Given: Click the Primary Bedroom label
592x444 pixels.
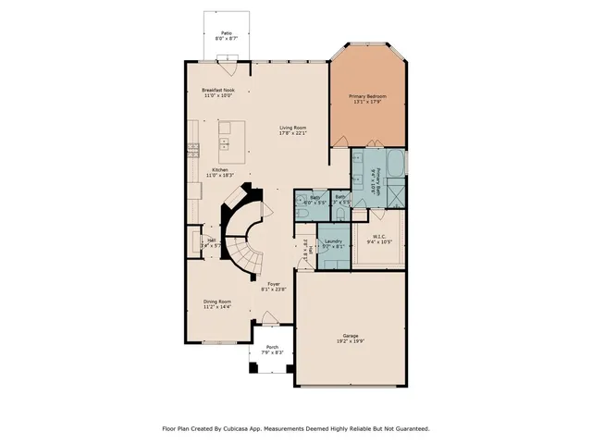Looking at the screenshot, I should click(x=367, y=96).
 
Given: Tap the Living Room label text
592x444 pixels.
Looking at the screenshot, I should click(x=292, y=128).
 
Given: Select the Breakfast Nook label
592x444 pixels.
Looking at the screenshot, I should click(x=217, y=90).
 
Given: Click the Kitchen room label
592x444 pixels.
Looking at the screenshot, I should click(x=219, y=170).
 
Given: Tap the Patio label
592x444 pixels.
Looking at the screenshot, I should click(x=219, y=32).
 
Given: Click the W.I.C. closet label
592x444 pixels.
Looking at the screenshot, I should click(x=380, y=238).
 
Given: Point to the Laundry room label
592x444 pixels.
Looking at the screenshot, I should click(x=334, y=241).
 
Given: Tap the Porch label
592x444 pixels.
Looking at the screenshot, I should click(x=272, y=347).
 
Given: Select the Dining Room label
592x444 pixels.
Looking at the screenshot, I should click(x=217, y=302).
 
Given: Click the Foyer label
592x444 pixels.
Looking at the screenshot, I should click(x=274, y=284).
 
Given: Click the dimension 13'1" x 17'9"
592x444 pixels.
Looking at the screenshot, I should click(x=367, y=102).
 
